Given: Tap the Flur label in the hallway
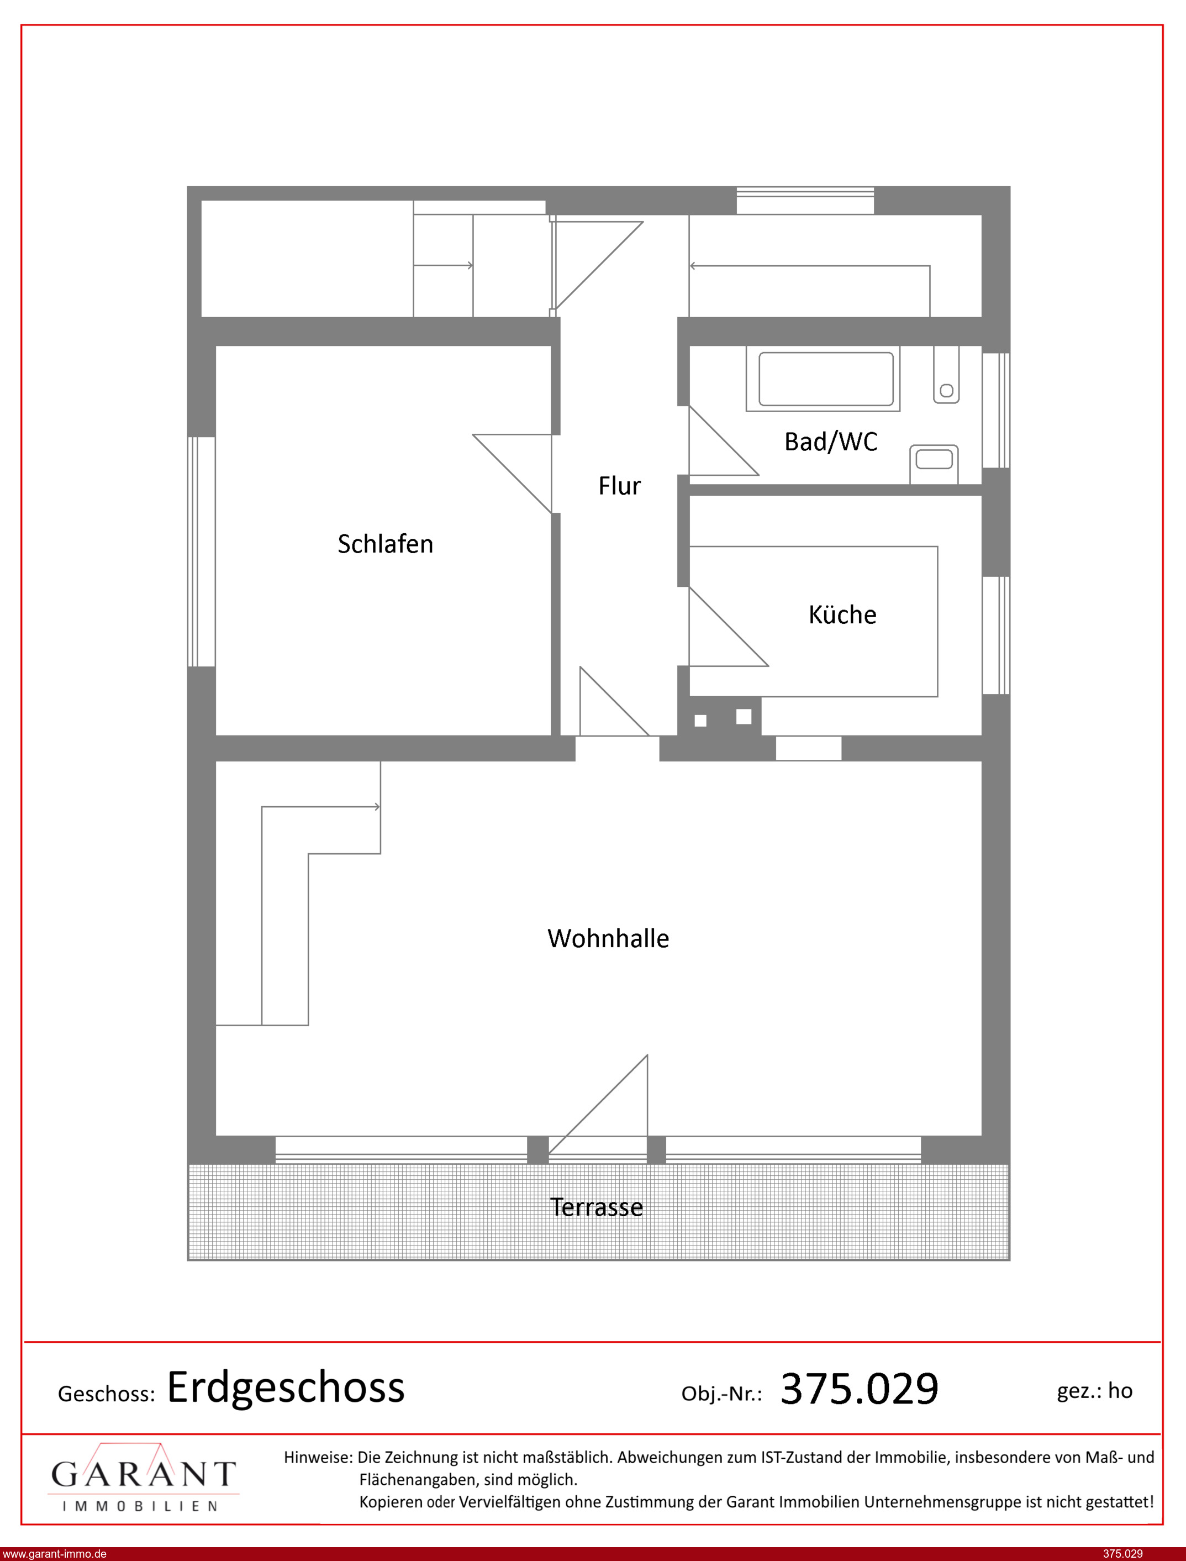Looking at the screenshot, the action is pyautogui.click(x=619, y=486).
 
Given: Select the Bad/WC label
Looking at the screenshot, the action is pyautogui.click(x=831, y=442).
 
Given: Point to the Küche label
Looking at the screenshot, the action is pyautogui.click(x=842, y=614).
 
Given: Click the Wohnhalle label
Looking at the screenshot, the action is pyautogui.click(x=608, y=938).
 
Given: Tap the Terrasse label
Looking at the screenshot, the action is pyautogui.click(x=597, y=1207).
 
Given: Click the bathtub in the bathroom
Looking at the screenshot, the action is pyautogui.click(x=823, y=379).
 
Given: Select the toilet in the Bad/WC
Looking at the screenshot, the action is pyautogui.click(x=946, y=375).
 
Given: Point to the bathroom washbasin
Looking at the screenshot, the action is pyautogui.click(x=934, y=464).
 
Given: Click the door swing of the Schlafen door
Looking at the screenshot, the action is pyautogui.click(x=512, y=474).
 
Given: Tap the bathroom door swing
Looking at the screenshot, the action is pyautogui.click(x=724, y=440).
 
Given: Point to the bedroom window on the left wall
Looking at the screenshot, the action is pyautogui.click(x=201, y=552).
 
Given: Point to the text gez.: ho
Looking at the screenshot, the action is pyautogui.click(x=1094, y=1391).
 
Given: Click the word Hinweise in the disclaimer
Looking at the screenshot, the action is pyautogui.click(x=318, y=1457).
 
